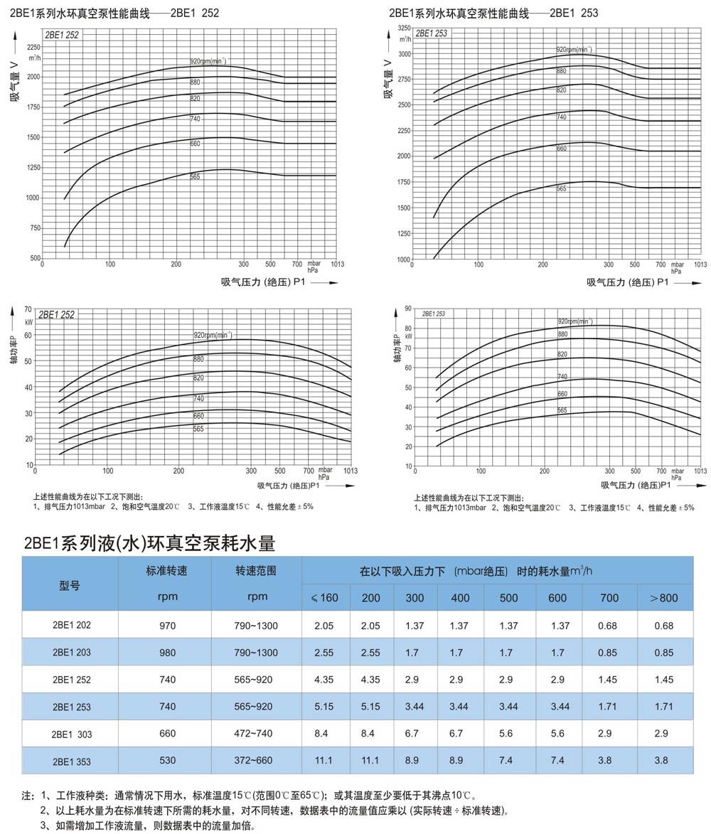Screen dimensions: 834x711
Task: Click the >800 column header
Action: (x=664, y=598)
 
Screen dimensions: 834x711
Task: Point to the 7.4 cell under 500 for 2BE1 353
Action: (x=508, y=761)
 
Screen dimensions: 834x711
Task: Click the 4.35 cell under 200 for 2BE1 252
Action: (x=371, y=680)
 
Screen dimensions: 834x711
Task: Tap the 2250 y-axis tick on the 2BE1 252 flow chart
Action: (x=34, y=46)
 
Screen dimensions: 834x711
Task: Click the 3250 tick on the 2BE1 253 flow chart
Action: (x=404, y=28)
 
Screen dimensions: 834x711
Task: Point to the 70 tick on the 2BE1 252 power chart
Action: (x=28, y=310)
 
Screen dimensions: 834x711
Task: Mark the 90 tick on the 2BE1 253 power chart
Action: (x=408, y=309)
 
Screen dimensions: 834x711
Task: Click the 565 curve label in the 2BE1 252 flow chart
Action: (x=195, y=176)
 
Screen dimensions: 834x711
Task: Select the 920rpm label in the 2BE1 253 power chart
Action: (x=574, y=321)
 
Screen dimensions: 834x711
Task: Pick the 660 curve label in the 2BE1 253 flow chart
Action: (x=561, y=149)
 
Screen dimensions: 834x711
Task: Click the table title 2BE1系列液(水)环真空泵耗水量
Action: (x=149, y=544)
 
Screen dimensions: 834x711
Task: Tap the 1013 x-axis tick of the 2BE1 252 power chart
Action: (x=350, y=471)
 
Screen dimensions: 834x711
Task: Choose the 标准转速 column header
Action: (x=167, y=571)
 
